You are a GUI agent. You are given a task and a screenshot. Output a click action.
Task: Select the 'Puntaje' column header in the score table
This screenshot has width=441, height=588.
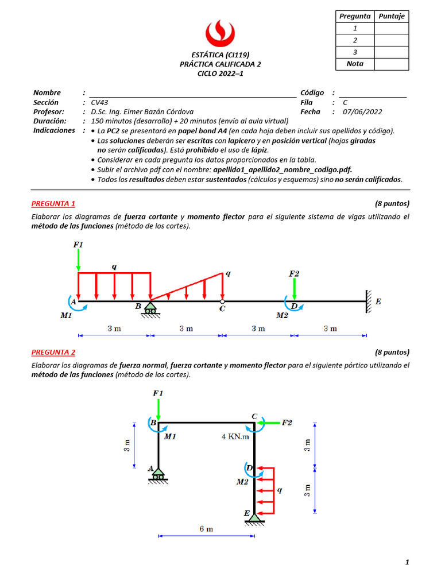[392, 16]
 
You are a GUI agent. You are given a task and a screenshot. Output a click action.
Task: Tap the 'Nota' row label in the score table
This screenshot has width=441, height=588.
[355, 64]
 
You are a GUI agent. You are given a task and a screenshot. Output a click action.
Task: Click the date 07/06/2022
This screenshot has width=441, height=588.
[362, 112]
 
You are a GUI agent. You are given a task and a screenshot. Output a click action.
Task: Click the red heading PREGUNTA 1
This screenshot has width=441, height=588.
[53, 203]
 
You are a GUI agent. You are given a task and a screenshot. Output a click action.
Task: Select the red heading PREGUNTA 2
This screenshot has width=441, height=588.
[53, 352]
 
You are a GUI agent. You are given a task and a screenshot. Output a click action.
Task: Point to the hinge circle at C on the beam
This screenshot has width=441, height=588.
[222, 301]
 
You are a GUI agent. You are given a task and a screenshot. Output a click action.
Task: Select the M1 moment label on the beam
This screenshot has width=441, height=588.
[66, 315]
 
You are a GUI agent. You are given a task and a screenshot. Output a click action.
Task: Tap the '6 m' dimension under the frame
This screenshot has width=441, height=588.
[206, 529]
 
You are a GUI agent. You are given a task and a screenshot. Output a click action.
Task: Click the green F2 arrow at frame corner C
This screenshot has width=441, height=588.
[269, 423]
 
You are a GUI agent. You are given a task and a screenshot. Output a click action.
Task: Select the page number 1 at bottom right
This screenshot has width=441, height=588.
[407, 563]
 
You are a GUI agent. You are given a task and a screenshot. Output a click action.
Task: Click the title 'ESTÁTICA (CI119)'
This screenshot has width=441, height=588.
[220, 55]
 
